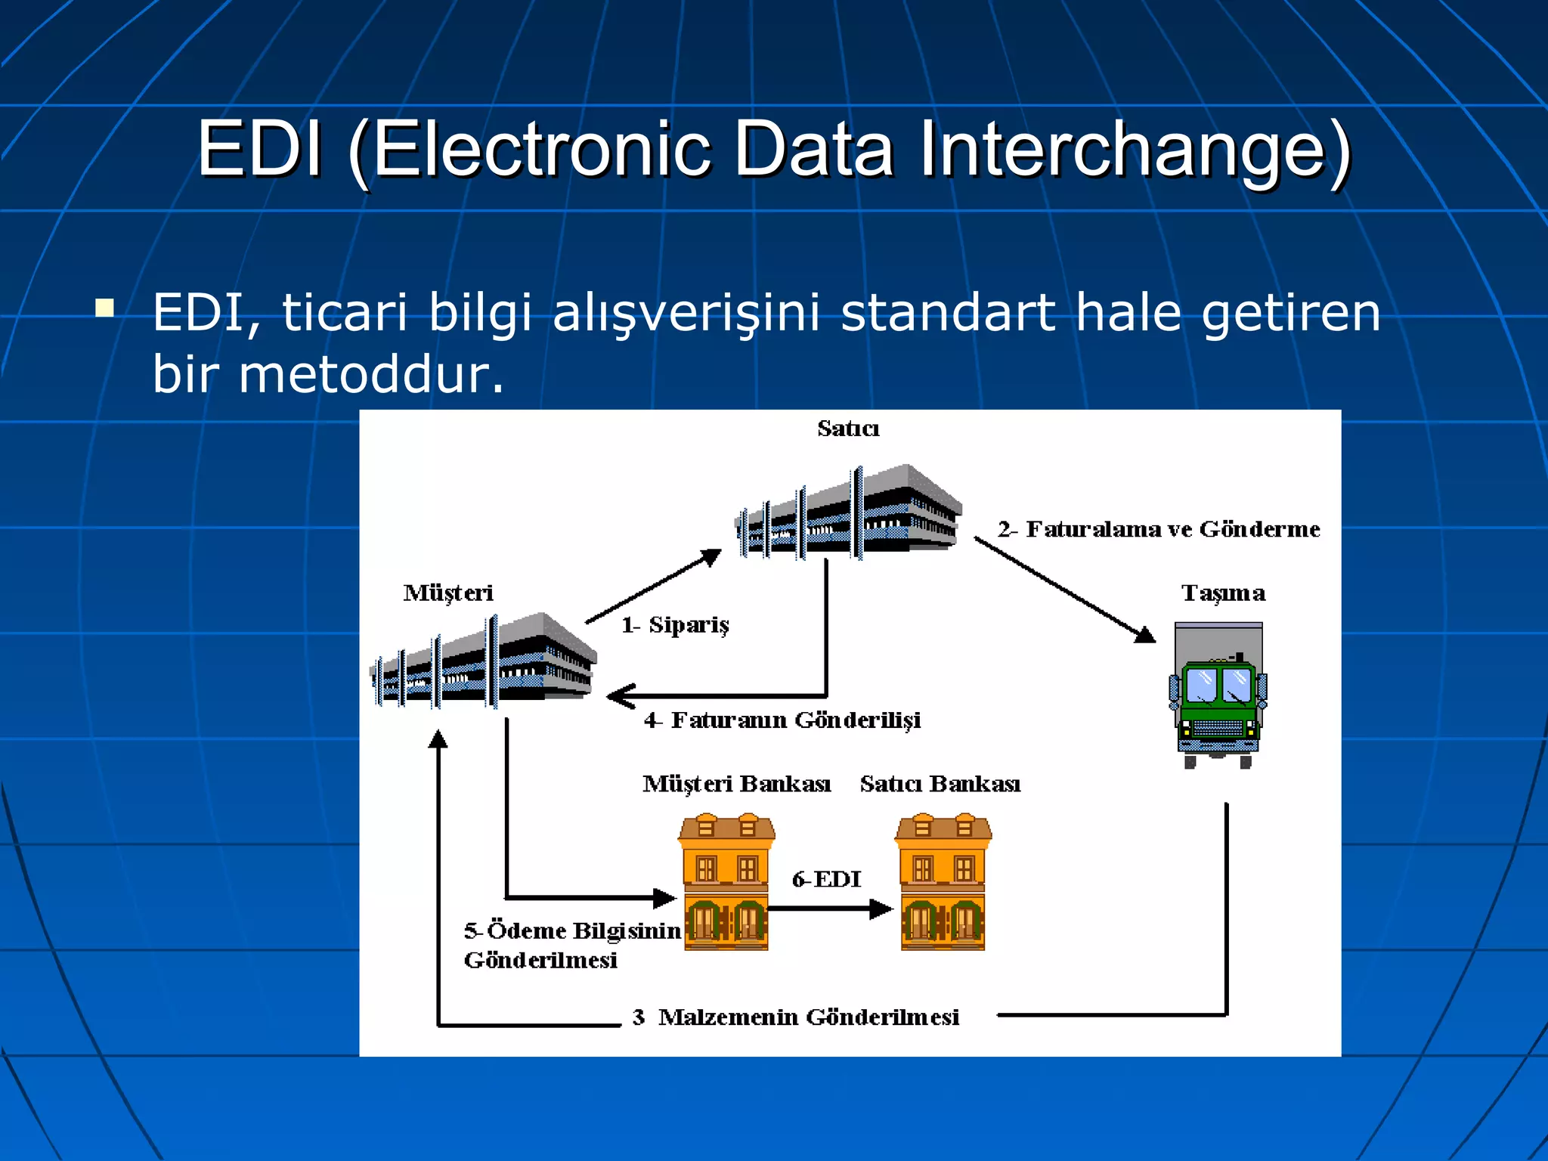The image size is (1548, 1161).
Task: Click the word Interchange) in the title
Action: click(1134, 150)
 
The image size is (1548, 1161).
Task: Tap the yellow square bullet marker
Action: click(105, 308)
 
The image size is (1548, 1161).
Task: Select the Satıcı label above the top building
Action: click(848, 429)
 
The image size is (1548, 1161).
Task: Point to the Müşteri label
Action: click(448, 593)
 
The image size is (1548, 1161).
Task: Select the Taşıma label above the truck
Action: click(1223, 593)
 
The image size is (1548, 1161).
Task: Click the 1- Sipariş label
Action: click(675, 625)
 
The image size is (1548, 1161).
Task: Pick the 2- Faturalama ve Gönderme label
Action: click(1159, 529)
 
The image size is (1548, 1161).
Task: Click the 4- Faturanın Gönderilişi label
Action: click(782, 720)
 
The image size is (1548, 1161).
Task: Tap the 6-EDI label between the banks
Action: click(826, 879)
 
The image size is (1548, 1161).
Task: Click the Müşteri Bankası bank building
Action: click(726, 881)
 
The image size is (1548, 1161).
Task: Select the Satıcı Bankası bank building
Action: click(943, 881)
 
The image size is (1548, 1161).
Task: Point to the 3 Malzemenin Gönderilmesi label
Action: click(796, 1017)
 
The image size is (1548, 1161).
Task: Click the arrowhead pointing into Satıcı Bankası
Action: click(881, 909)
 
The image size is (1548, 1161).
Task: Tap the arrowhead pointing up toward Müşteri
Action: click(438, 738)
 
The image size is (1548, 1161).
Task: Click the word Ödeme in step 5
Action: click(526, 930)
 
